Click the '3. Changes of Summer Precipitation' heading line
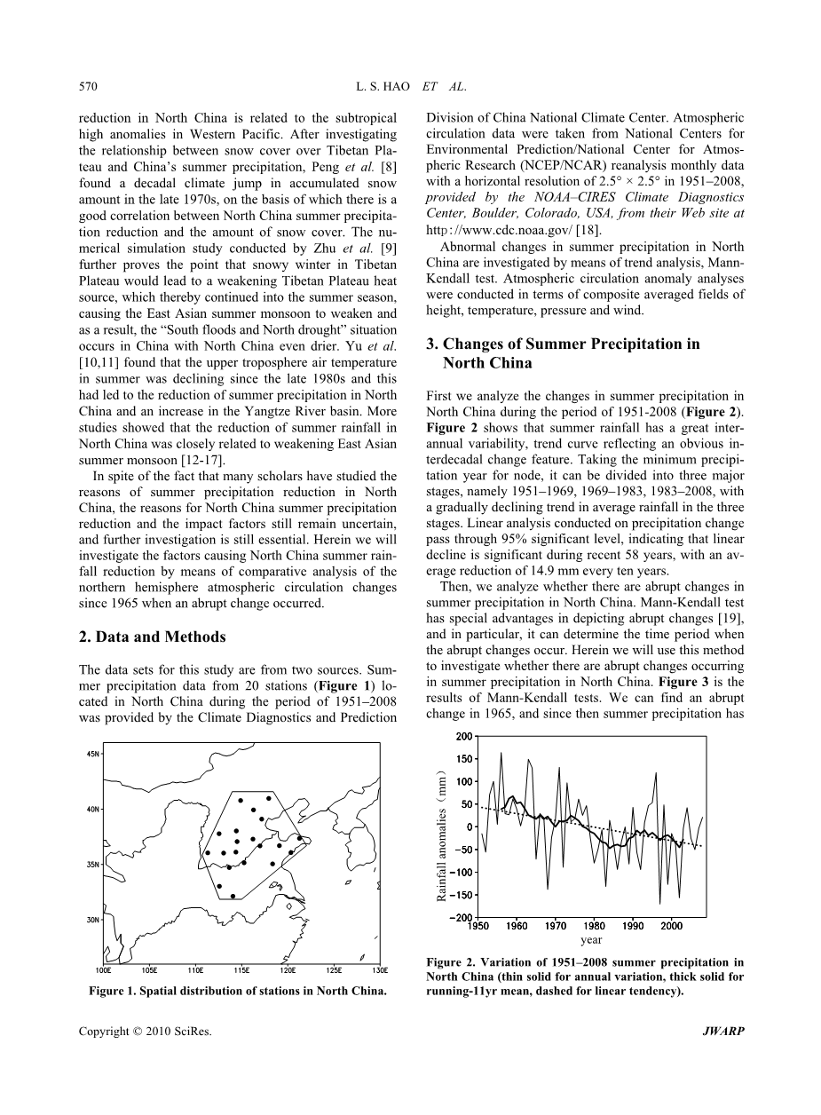coord(563,344)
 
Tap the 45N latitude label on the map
coord(93,754)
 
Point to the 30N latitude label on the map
coord(93,920)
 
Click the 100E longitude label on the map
coord(103,970)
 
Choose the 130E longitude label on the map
coord(379,970)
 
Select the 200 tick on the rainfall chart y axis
coord(464,736)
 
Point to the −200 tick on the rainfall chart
coord(461,917)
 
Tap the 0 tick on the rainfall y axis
coord(470,826)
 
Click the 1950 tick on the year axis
coord(478,927)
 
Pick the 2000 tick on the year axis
coord(672,927)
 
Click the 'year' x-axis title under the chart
coord(591,939)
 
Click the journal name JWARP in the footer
coord(726,1032)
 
